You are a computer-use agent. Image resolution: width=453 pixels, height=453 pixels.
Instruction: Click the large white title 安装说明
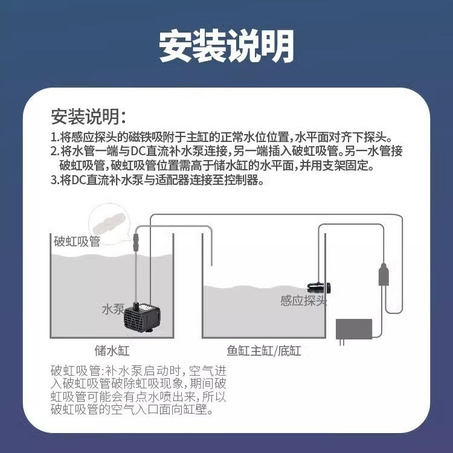pyautogui.click(x=226, y=47)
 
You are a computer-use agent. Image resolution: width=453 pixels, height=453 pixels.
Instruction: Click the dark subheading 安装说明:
pyautogui.click(x=89, y=117)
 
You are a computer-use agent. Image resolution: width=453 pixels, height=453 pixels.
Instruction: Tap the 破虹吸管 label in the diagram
pyautogui.click(x=77, y=242)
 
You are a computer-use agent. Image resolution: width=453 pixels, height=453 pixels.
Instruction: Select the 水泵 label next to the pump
pyautogui.click(x=113, y=309)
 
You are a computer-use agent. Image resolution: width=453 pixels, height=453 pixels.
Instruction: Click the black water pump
pyautogui.click(x=142, y=317)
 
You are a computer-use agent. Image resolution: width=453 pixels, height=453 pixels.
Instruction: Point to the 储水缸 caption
pyautogui.click(x=112, y=351)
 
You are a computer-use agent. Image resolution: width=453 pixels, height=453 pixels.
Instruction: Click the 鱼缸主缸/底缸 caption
pyautogui.click(x=264, y=351)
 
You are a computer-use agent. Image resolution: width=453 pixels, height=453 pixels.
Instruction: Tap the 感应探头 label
pyautogui.click(x=303, y=301)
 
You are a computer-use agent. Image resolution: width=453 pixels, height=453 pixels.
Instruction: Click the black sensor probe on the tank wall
pyautogui.click(x=319, y=288)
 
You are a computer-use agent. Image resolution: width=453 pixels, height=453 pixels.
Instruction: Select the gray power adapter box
pyautogui.click(x=354, y=329)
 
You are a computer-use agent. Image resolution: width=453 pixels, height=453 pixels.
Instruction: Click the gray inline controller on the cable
pyautogui.click(x=384, y=274)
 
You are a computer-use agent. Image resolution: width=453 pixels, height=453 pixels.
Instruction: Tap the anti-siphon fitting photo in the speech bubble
pyautogui.click(x=109, y=222)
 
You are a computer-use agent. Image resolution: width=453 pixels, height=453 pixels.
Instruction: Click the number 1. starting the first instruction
pyautogui.click(x=55, y=137)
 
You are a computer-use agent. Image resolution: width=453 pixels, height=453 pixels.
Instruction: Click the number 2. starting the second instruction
pyautogui.click(x=55, y=152)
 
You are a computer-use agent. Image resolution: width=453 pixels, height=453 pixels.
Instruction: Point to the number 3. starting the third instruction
pyautogui.click(x=55, y=180)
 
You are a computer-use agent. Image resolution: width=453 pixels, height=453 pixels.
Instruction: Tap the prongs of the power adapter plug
pyautogui.click(x=342, y=342)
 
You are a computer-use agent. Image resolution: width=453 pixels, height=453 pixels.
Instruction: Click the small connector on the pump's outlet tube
pyautogui.click(x=136, y=243)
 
